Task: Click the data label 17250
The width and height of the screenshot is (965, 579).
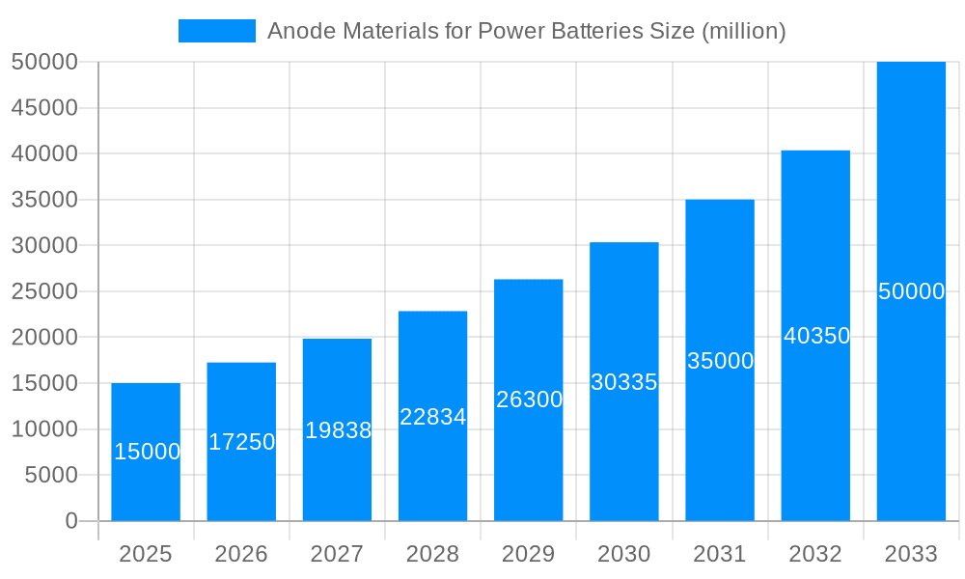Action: point(241,442)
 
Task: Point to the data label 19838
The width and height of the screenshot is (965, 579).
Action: point(338,430)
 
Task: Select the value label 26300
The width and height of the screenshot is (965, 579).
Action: point(529,400)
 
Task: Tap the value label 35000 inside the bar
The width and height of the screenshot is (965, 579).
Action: point(720,361)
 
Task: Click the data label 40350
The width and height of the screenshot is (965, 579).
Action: point(816,336)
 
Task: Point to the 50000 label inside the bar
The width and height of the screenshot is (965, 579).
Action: point(911,291)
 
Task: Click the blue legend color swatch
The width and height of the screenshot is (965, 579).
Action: point(217,31)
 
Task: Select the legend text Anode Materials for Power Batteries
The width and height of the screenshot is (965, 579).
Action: point(526,31)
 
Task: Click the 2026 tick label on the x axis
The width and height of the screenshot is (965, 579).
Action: point(241,554)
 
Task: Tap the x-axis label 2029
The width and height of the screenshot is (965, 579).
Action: point(529,554)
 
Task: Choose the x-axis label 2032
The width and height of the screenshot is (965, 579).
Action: point(815,554)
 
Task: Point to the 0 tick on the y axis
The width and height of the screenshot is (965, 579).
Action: point(71,521)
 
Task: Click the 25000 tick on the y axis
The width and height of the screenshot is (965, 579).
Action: point(44,291)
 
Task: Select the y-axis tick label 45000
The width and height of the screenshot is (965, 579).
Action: point(44,108)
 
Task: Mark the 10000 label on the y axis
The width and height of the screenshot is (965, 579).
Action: point(44,429)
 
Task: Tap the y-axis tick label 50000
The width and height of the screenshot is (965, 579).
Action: point(44,62)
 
